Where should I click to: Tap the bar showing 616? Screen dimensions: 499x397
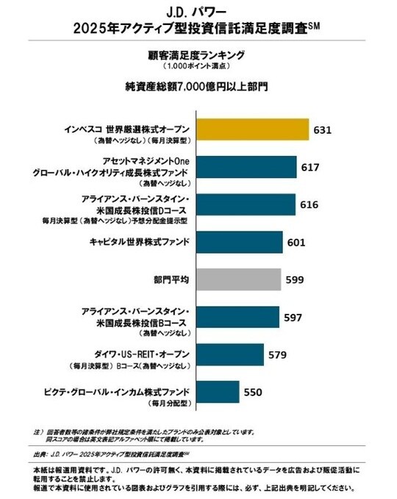pyautogui.click(x=246, y=205)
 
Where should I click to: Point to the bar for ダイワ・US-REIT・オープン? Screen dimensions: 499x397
pyautogui.click(x=230, y=354)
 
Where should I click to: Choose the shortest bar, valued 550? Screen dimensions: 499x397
pyautogui.click(x=218, y=392)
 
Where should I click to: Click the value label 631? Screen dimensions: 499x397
pyautogui.click(x=323, y=130)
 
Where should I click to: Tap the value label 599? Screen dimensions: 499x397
pyautogui.click(x=295, y=280)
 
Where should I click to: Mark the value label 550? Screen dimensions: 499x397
pyautogui.click(x=254, y=392)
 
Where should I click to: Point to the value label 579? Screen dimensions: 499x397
pyautogui.click(x=277, y=355)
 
